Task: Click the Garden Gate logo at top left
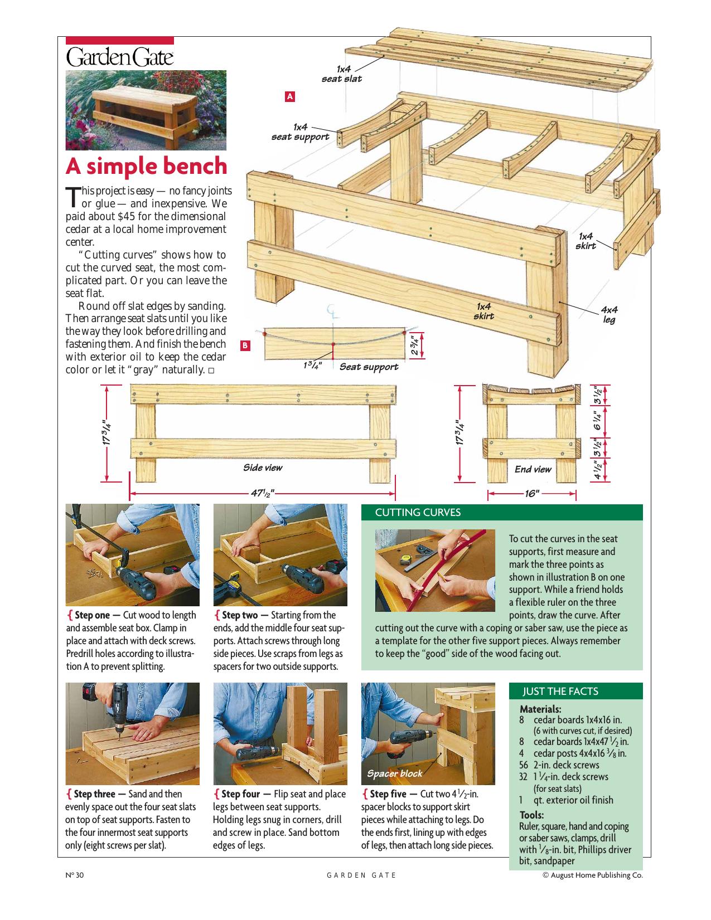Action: [x=119, y=57]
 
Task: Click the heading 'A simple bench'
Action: [x=147, y=166]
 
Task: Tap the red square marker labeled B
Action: [x=245, y=345]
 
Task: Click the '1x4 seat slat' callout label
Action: [x=342, y=74]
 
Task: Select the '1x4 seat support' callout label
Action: [x=301, y=133]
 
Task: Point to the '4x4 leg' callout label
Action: [x=609, y=315]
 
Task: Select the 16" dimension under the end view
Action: [x=532, y=494]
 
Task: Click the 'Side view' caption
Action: [x=263, y=468]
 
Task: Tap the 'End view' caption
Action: [x=533, y=469]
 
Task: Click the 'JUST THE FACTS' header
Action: [x=560, y=692]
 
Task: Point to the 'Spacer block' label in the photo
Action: [x=394, y=773]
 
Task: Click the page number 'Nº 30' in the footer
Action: [x=74, y=875]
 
